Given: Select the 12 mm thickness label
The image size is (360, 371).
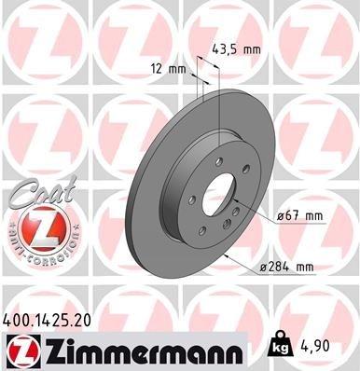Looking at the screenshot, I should [x=168, y=68].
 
